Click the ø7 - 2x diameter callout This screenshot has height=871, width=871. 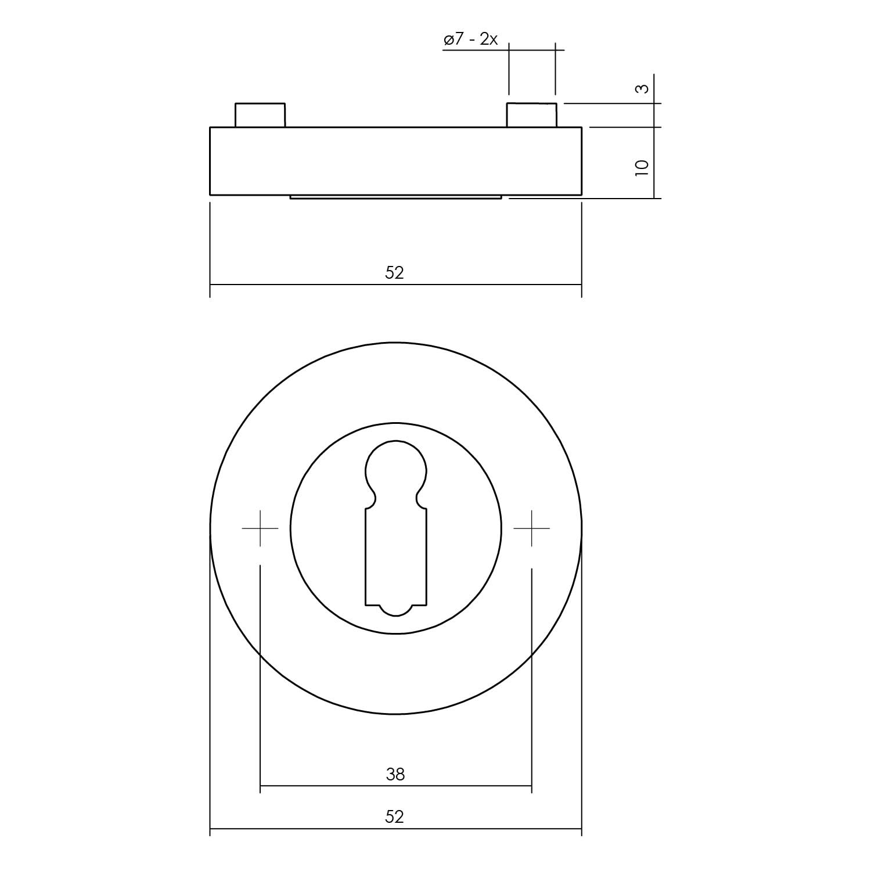(470, 40)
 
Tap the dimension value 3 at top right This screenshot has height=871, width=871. (641, 89)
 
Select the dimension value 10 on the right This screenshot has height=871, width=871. (641, 167)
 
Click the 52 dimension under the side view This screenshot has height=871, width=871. (394, 272)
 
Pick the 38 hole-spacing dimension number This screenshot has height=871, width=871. (395, 774)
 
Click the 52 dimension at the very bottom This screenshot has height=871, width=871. (394, 817)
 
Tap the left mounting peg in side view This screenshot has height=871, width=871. (260, 115)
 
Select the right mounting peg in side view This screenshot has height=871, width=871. (532, 115)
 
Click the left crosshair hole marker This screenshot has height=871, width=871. (260, 528)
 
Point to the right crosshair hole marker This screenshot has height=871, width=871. (531, 528)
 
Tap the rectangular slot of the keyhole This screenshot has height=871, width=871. (395, 555)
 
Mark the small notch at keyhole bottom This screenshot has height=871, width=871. (395, 610)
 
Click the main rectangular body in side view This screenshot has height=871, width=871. (395, 161)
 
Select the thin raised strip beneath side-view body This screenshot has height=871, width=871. (395, 197)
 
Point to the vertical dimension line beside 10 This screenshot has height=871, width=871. (654, 163)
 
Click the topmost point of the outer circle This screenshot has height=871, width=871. (395, 343)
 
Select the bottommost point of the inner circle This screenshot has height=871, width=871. (395, 634)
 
